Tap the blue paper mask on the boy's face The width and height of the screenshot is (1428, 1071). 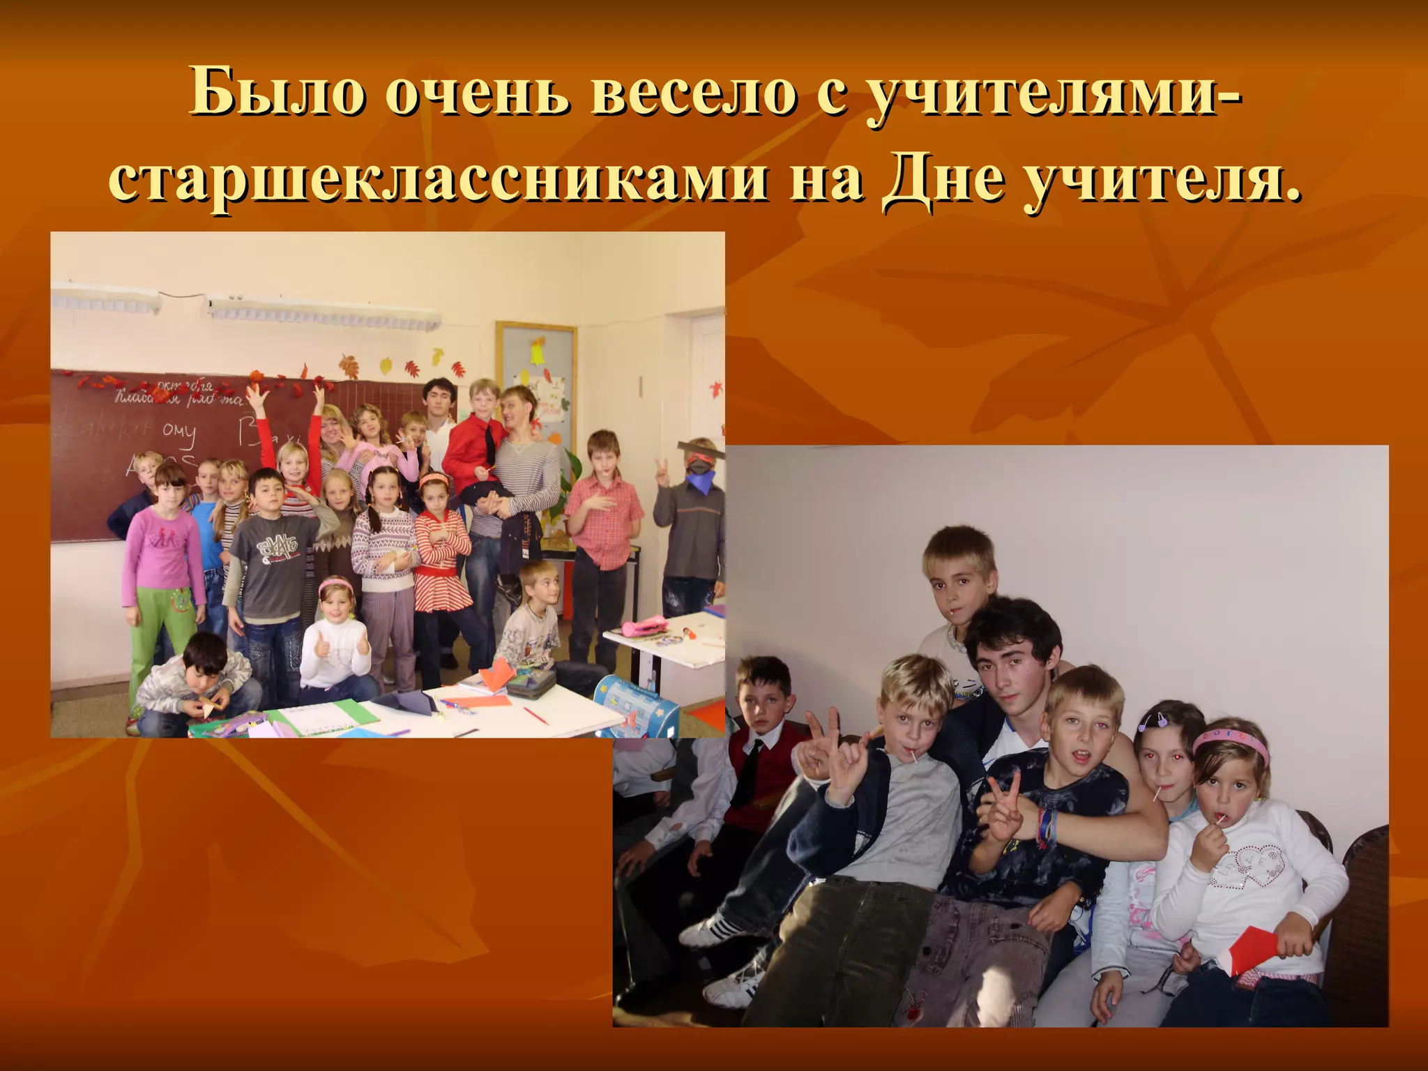[x=699, y=481]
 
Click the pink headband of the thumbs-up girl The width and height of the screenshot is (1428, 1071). [x=336, y=585]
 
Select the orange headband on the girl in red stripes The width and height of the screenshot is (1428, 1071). [x=434, y=479]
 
